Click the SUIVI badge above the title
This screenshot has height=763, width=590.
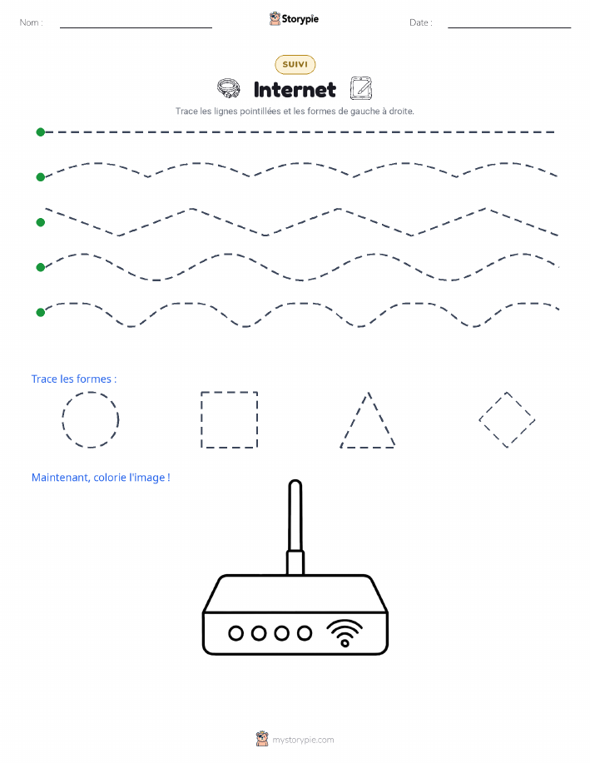pyautogui.click(x=295, y=64)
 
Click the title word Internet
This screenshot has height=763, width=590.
pyautogui.click(x=295, y=90)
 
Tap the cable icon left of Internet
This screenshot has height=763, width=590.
pyautogui.click(x=228, y=88)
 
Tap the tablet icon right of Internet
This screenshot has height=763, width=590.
pyautogui.click(x=360, y=88)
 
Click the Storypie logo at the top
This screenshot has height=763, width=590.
pyautogui.click(x=294, y=19)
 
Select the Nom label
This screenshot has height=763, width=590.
pyautogui.click(x=31, y=22)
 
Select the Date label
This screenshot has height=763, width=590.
pyautogui.click(x=420, y=22)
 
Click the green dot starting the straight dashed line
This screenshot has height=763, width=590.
pyautogui.click(x=41, y=131)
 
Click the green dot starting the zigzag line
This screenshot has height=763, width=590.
pyautogui.click(x=41, y=222)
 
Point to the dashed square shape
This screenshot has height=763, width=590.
pyautogui.click(x=201, y=419)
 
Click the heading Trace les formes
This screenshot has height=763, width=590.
pyautogui.click(x=74, y=379)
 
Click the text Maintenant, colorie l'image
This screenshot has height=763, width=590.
pyautogui.click(x=101, y=478)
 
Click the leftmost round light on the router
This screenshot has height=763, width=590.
pyautogui.click(x=236, y=633)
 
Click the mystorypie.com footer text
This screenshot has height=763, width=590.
pyautogui.click(x=303, y=740)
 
